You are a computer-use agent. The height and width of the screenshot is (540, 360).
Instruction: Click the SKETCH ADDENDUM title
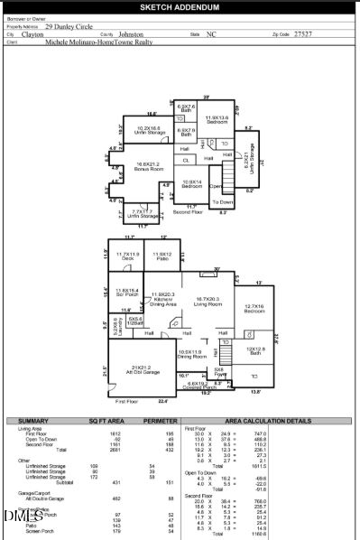180,6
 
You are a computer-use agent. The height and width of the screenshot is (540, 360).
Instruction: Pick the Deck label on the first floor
126,258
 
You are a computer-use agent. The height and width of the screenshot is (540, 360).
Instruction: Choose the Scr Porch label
127,293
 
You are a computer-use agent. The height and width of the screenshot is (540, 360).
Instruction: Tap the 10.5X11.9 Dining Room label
197,356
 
